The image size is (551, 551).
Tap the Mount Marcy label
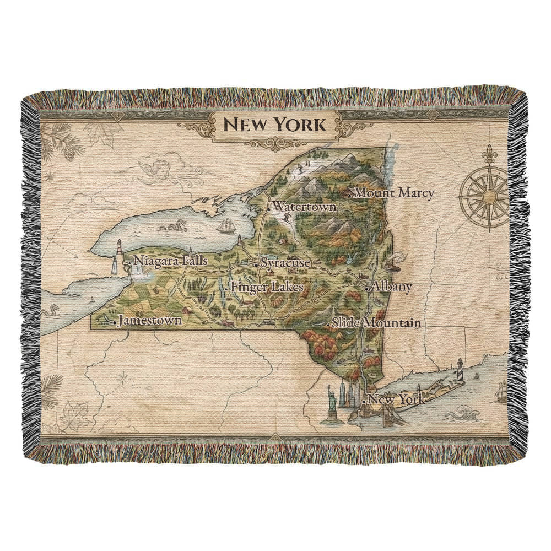pos(395,193)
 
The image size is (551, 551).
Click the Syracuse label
pos(285,263)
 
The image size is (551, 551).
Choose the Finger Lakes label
pos(267,287)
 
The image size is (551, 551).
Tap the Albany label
pos(391,287)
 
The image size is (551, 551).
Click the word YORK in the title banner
pos(297,125)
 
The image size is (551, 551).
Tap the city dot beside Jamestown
pos(114,322)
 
